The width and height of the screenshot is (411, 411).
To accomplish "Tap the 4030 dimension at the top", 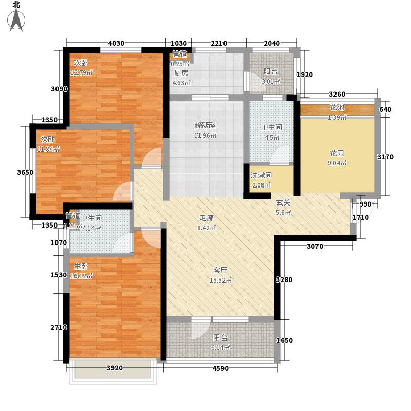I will (118, 43).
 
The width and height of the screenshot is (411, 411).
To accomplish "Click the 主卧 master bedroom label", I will (81, 267).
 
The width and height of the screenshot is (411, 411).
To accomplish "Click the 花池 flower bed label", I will (337, 108).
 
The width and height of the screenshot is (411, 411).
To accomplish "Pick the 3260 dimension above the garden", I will (337, 94).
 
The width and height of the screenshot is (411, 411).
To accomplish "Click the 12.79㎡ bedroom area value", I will (82, 72).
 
